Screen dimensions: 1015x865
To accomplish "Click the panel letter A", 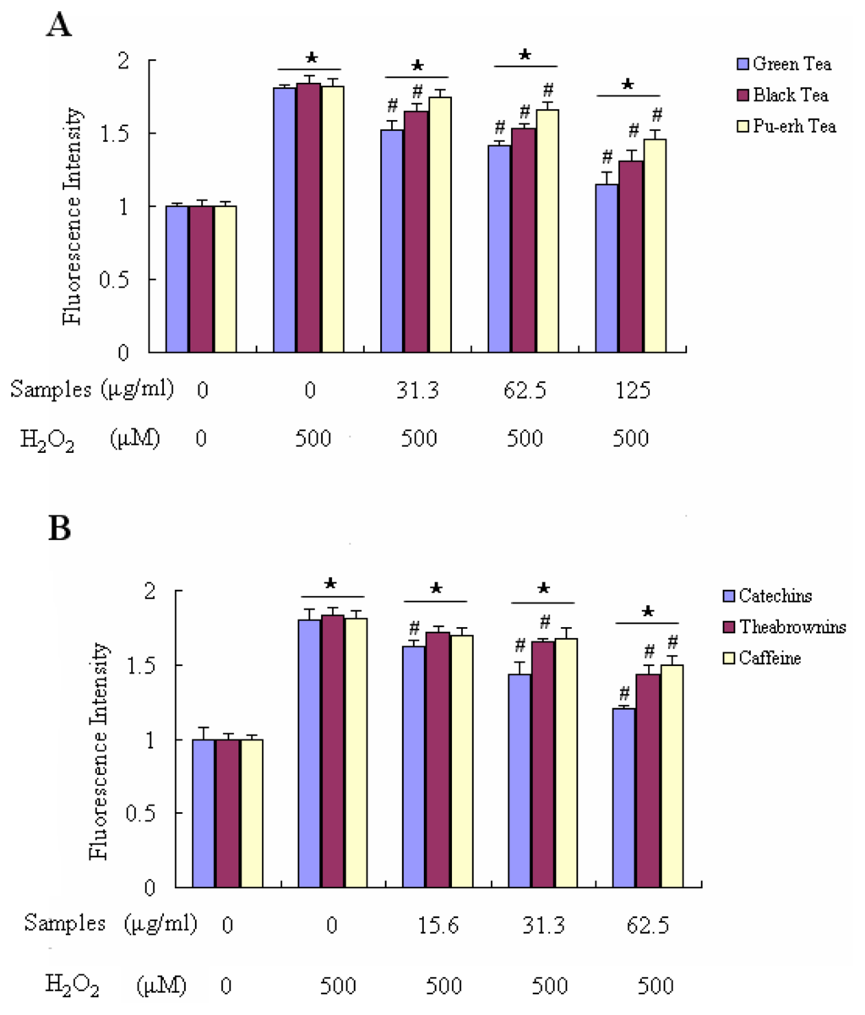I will coord(58,25).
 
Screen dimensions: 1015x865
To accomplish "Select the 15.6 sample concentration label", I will coord(438,924).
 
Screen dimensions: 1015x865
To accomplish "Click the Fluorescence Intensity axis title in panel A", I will coord(73,216).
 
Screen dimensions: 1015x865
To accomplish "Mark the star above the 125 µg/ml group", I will coord(627,85).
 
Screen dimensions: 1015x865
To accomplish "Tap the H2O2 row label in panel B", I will coord(69,985).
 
